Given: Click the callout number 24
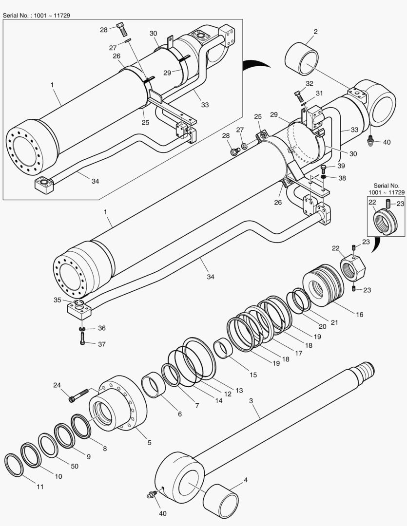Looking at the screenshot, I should click(x=57, y=385).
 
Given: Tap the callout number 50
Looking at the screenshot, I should click(x=75, y=466).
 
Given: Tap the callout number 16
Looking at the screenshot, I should click(x=359, y=315).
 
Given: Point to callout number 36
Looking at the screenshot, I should click(x=101, y=328).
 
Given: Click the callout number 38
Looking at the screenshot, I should click(x=342, y=178).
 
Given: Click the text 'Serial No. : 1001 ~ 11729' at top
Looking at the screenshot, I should click(x=36, y=15).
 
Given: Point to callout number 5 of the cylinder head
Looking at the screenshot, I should click(x=149, y=443).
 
